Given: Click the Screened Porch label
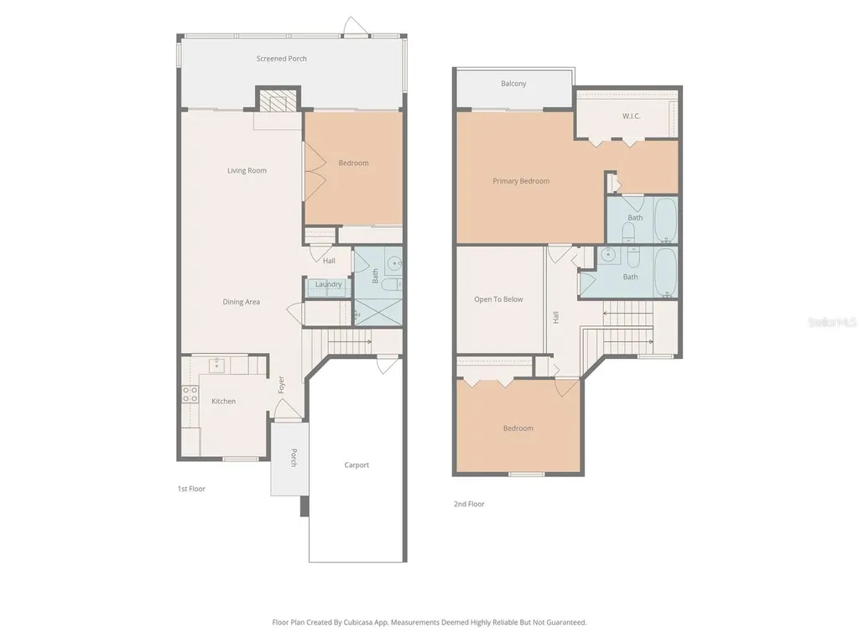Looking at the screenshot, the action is click(x=282, y=59).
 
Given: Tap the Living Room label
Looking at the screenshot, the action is click(x=247, y=170).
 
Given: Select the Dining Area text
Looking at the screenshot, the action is click(x=241, y=302).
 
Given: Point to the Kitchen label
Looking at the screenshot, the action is click(x=223, y=402).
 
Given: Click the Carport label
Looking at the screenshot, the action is click(x=357, y=465).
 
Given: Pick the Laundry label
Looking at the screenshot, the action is click(x=328, y=284).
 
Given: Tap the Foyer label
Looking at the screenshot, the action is click(x=281, y=384).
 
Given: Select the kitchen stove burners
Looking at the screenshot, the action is click(x=190, y=394).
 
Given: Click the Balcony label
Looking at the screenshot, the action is click(x=513, y=84).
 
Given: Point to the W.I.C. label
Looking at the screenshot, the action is click(x=631, y=116).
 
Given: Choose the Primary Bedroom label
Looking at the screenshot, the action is click(x=521, y=181).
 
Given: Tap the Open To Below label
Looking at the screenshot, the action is click(x=498, y=299).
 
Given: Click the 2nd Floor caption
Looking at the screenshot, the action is click(x=469, y=504).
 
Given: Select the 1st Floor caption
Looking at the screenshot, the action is click(x=191, y=489).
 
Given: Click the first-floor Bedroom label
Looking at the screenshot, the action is click(x=353, y=163).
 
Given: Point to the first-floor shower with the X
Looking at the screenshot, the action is click(x=378, y=312).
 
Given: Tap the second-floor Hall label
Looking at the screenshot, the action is click(x=556, y=317).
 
